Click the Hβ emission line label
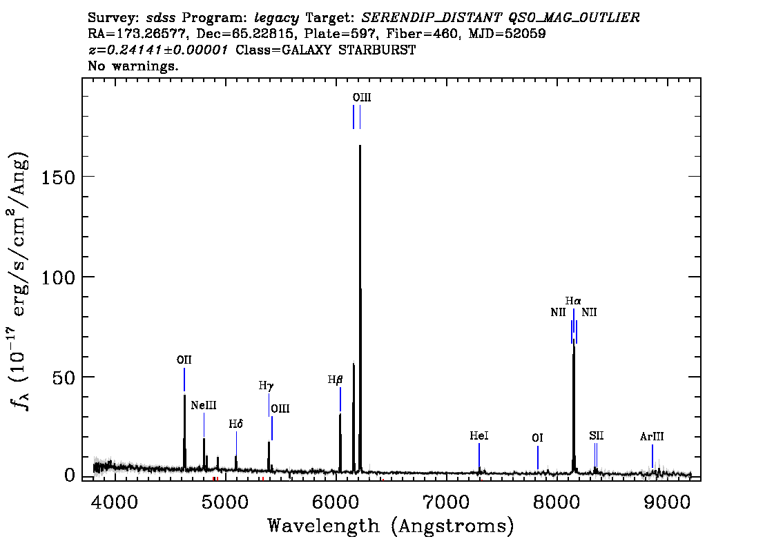tap(335, 380)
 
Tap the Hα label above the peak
tap(573, 301)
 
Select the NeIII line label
tap(204, 405)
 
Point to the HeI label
tap(479, 436)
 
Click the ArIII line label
tap(652, 437)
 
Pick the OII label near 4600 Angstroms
tap(184, 360)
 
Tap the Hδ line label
tap(236, 424)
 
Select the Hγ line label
tap(267, 386)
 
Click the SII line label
tap(597, 436)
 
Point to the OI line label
tap(537, 438)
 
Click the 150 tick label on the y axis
tap(58, 177)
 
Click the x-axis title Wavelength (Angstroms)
tap(391, 527)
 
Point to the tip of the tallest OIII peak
tap(360, 146)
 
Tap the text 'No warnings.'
tap(133, 66)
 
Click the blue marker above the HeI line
tap(479, 455)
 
